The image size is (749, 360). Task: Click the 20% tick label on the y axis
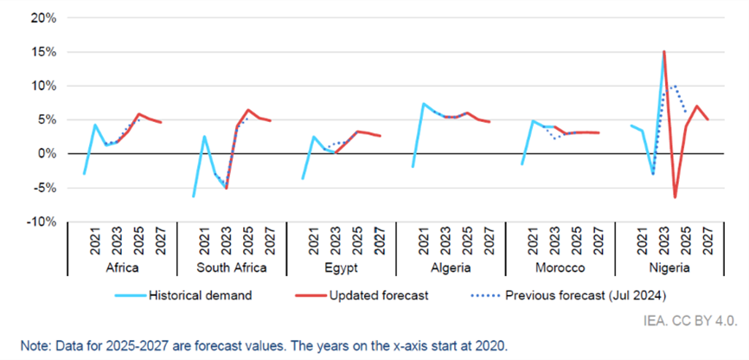click(x=43, y=17)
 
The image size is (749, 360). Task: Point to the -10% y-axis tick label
click(x=42, y=222)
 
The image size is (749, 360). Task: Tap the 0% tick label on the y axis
click(x=47, y=153)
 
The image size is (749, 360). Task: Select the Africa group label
click(x=121, y=269)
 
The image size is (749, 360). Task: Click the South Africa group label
click(x=231, y=269)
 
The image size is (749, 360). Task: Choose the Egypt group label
click(x=341, y=269)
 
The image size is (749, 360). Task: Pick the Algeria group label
click(x=450, y=269)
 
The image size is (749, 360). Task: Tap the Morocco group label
click(x=560, y=269)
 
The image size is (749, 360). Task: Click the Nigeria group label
click(x=669, y=269)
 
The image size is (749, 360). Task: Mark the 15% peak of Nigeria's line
click(x=663, y=52)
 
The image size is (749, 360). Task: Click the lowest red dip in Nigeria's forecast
click(x=675, y=197)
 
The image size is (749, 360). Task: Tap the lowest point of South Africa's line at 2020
click(x=193, y=196)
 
